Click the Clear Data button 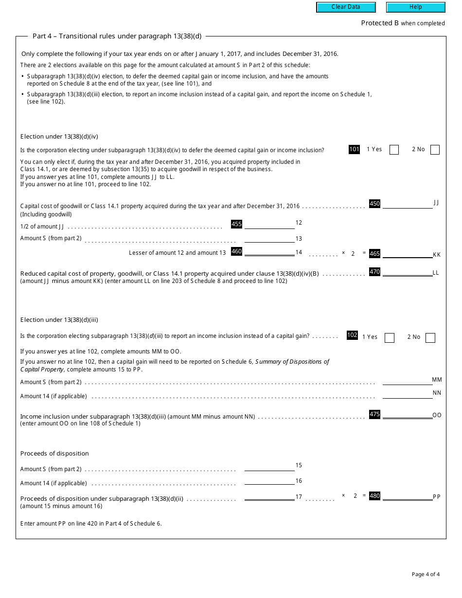tap(346, 7)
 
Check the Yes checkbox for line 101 tap(394, 150)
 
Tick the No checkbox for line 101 tap(435, 150)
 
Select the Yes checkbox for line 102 tap(389, 338)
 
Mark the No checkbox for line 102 tap(430, 338)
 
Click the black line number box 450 tap(374, 204)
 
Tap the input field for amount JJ tap(408, 204)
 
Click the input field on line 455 tap(269, 225)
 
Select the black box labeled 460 tap(236, 251)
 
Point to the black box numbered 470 tap(374, 272)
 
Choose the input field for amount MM tap(408, 381)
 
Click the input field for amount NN tap(408, 394)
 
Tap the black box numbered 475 tap(374, 414)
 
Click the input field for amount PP tap(408, 496)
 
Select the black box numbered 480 tap(374, 496)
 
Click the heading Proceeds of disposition tap(54, 454)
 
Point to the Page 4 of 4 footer tap(426, 574)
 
